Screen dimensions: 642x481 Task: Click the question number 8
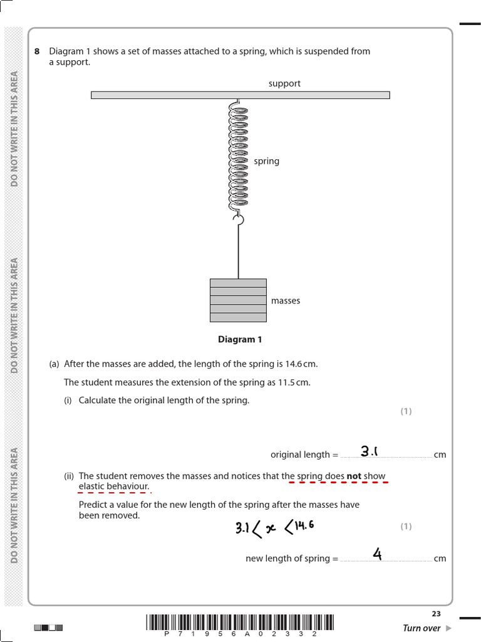[x=37, y=51]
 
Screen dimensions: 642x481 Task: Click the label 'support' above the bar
[x=284, y=83]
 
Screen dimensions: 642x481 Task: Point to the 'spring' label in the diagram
[x=266, y=161]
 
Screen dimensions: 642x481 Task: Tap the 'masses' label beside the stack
[x=286, y=301]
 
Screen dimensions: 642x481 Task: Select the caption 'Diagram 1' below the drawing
[x=240, y=340]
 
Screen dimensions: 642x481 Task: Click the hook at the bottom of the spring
[x=238, y=219]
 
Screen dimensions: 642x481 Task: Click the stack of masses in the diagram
[x=238, y=300]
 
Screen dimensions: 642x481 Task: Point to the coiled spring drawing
[x=238, y=157]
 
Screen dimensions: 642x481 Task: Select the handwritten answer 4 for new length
[x=377, y=554]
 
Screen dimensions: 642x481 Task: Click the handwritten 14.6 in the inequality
[x=302, y=525]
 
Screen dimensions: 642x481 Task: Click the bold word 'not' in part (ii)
[x=354, y=476]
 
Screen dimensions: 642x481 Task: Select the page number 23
[x=436, y=614]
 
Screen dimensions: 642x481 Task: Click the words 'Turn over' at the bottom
[x=422, y=628]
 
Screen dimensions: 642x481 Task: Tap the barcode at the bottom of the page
[x=240, y=622]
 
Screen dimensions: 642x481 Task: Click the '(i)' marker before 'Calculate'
[x=68, y=401]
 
